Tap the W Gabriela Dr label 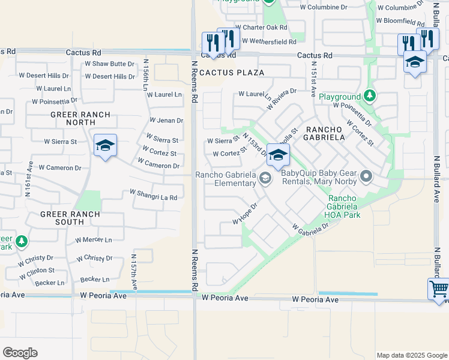click(x=311, y=228)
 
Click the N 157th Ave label click(x=134, y=273)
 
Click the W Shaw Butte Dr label click(x=109, y=64)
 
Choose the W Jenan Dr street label click(x=163, y=121)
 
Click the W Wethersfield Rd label click(x=267, y=42)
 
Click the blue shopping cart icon click(x=438, y=289)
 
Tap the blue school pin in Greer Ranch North click(x=105, y=145)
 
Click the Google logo click(x=20, y=353)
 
